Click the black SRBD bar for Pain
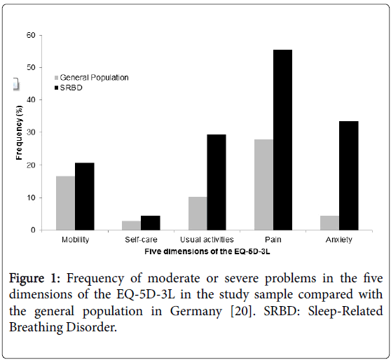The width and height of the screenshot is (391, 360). tap(282, 140)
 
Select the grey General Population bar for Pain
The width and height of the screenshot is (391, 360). tap(264, 185)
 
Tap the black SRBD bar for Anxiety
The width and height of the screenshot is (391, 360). tap(349, 176)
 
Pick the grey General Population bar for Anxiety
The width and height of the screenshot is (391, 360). tap(329, 223)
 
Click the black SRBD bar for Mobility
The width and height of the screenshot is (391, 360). tap(85, 196)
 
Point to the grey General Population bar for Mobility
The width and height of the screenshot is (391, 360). tap(66, 203)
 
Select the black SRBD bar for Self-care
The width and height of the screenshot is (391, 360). tap(151, 223)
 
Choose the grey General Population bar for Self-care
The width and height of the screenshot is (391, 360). tap(132, 226)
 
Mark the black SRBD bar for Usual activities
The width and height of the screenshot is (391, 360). tap(217, 182)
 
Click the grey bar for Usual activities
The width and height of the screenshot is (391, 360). tap(198, 214)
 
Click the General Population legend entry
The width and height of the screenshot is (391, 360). tap(92, 78)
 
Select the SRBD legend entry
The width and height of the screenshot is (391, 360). tap(69, 88)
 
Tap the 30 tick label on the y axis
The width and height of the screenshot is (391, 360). tap(31, 132)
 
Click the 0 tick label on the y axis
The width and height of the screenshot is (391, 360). tap(33, 230)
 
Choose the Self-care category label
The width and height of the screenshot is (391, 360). tap(141, 240)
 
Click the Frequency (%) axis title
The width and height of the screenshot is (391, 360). tap(19, 132)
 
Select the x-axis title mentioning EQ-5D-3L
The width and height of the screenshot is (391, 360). tap(207, 251)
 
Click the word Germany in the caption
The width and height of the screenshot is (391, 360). tap(196, 311)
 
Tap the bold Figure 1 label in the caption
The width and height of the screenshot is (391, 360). tap(34, 278)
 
